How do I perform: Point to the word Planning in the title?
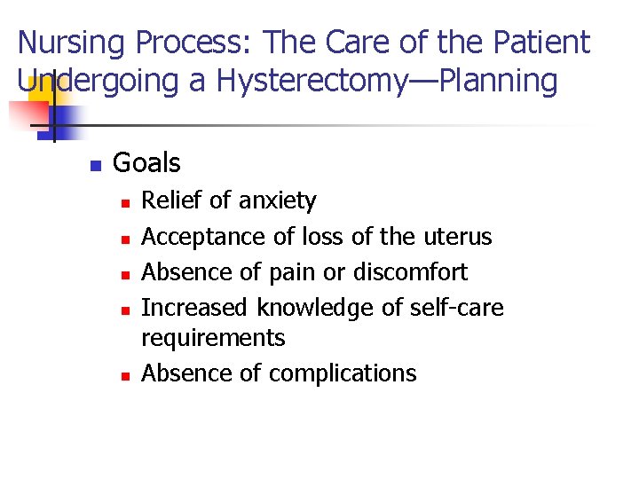[x=496, y=82]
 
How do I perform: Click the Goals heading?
[x=146, y=163]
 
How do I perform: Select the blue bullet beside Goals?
[x=96, y=165]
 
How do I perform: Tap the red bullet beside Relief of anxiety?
[x=125, y=203]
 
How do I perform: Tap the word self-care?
[x=456, y=308]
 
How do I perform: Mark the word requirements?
[x=213, y=338]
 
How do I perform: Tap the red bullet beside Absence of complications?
[x=125, y=375]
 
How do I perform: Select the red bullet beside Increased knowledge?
[x=125, y=310]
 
